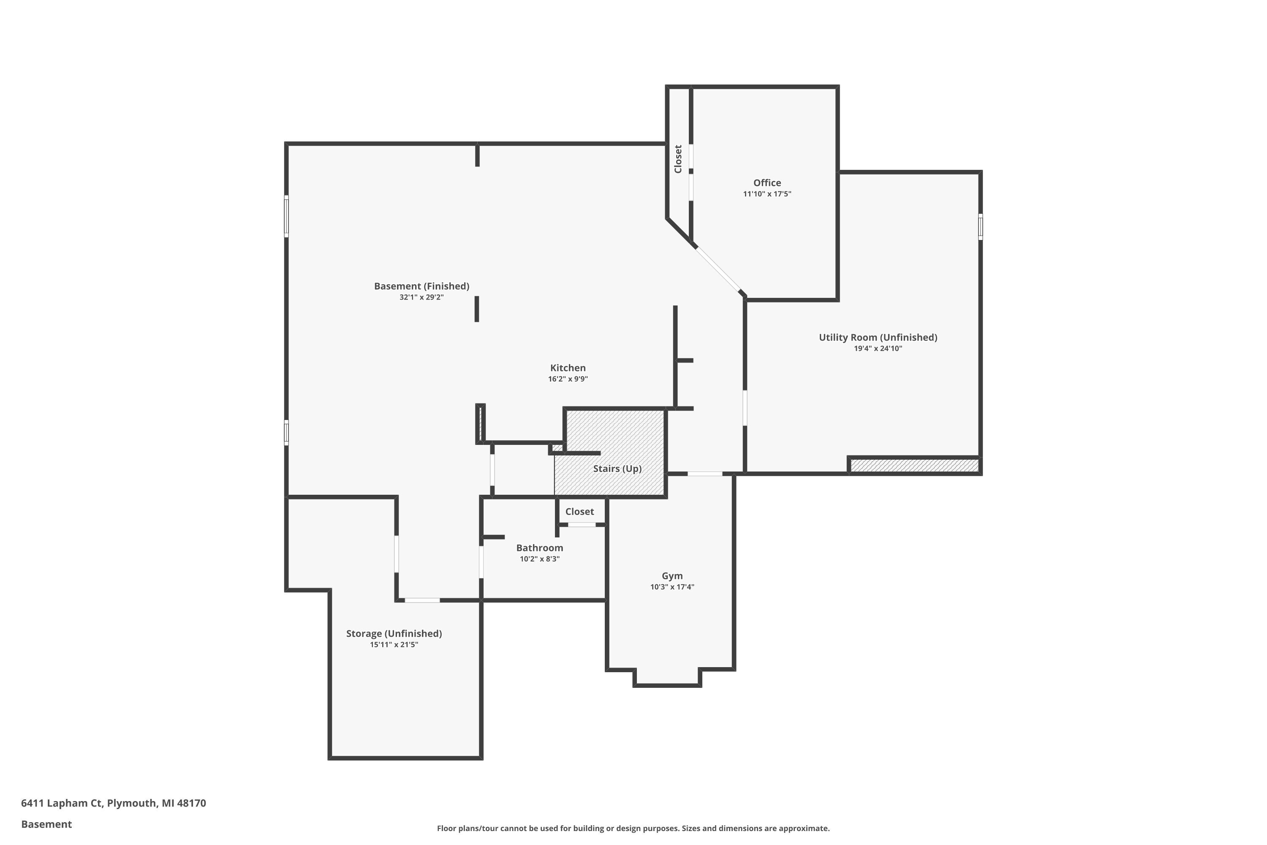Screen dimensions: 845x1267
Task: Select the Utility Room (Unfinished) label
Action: [878, 337]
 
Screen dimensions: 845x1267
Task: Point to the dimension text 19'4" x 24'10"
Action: [878, 349]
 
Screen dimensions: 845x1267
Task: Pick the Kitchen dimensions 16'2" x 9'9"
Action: [568, 379]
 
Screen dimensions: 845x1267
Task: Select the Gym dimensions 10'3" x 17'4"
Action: [672, 587]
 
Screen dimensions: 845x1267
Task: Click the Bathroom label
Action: [539, 548]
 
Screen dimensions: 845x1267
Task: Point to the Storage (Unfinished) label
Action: [394, 633]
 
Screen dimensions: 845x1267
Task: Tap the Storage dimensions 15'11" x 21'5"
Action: [394, 645]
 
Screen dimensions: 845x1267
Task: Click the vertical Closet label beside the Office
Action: [678, 159]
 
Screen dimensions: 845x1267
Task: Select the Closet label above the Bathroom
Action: [579, 511]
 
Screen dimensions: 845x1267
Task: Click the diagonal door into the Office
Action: [718, 270]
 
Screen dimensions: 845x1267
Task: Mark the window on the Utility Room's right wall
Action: [980, 226]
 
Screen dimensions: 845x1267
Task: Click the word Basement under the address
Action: [46, 824]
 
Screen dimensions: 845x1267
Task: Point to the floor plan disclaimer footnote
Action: [633, 828]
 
